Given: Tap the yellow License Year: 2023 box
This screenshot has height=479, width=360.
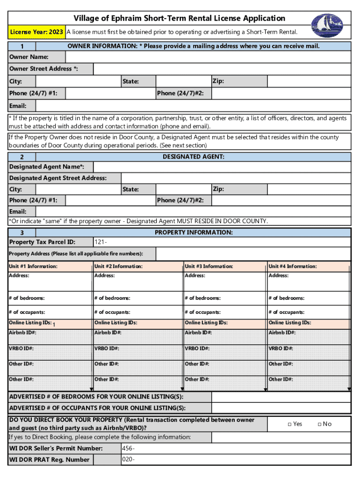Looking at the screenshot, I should (x=36, y=32).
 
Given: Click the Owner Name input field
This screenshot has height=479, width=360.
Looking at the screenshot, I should (x=208, y=57).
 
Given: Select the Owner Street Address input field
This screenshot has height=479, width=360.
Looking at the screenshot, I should (x=222, y=69).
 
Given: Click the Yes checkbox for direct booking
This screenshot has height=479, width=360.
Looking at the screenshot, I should (x=290, y=424).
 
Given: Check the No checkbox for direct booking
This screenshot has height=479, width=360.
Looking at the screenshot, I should (x=319, y=424).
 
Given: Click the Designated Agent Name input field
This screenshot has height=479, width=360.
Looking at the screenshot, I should (x=222, y=167).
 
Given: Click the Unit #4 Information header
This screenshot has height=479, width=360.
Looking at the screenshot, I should (x=293, y=267).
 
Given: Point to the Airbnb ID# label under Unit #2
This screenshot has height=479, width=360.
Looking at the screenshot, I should (x=108, y=333).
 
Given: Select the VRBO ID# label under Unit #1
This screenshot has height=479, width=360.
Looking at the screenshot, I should (x=21, y=348).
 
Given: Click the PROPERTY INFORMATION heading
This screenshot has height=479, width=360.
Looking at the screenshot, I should (x=194, y=232).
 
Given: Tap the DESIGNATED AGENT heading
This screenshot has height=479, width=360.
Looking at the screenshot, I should (x=194, y=157).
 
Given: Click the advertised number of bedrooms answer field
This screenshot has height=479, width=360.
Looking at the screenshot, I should (x=281, y=397).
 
